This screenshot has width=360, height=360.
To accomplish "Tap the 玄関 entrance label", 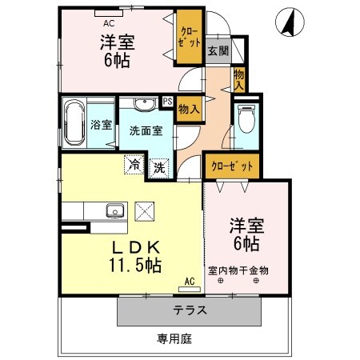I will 217,50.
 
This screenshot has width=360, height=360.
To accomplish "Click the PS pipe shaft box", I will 167,101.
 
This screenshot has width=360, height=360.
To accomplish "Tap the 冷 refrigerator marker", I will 134,165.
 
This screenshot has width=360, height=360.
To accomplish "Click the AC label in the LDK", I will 189,282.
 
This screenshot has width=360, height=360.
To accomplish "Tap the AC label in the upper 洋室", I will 109,11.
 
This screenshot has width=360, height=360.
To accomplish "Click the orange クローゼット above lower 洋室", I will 232,166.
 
